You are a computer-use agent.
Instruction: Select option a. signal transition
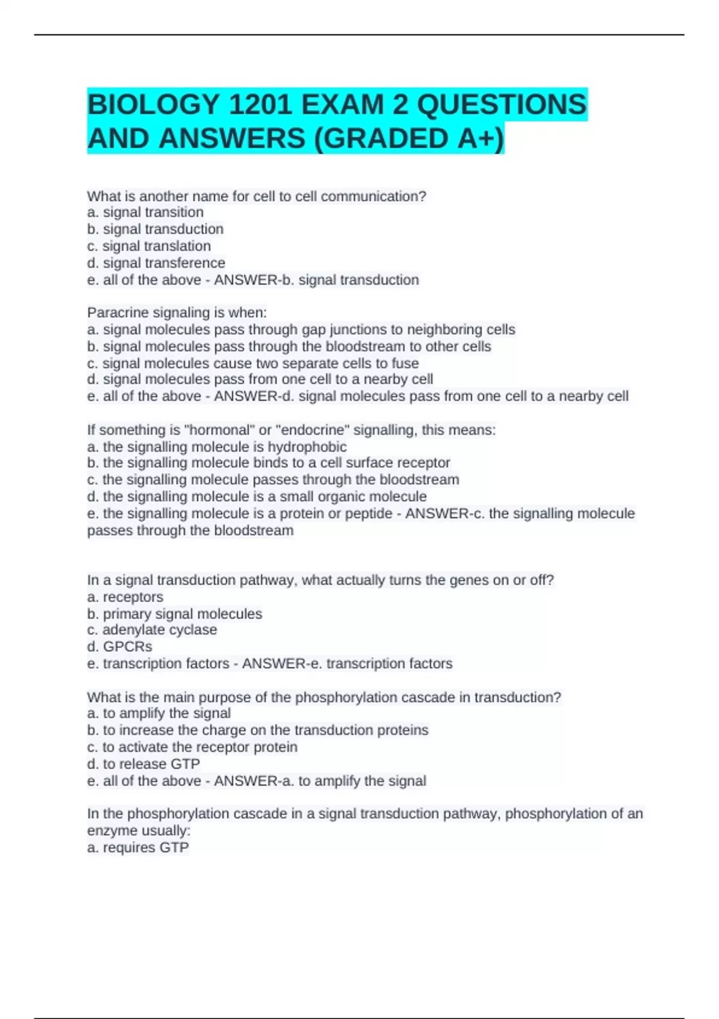[146, 212]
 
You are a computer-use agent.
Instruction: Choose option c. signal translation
[149, 246]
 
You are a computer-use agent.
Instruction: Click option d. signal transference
[156, 263]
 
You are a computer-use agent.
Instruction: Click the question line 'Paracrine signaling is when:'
[177, 312]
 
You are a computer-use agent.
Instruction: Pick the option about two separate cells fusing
[253, 363]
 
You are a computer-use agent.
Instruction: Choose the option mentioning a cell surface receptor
[268, 463]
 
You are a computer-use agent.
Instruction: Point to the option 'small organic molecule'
[257, 496]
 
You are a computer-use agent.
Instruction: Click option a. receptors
[125, 597]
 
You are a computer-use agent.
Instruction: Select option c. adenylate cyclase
[152, 629]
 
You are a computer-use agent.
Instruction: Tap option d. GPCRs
[120, 646]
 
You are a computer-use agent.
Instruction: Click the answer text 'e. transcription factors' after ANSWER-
[389, 664]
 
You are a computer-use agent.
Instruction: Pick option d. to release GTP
[144, 764]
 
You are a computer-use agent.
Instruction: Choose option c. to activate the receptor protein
[192, 747]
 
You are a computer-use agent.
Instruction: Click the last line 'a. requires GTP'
[138, 848]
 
